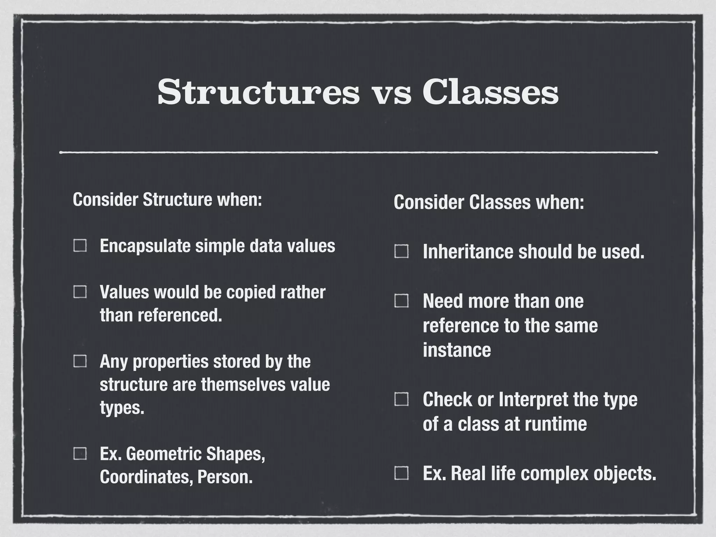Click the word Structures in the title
point(258,92)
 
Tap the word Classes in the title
point(491,92)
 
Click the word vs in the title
point(391,94)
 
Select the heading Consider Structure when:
point(167,200)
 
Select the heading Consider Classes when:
point(489,202)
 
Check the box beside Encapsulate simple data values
point(80,245)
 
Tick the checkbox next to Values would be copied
point(80,292)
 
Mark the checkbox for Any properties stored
point(80,361)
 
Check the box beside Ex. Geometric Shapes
point(80,453)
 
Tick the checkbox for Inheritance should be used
point(401,251)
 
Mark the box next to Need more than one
point(401,301)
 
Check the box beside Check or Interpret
point(401,399)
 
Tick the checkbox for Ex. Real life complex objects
point(401,473)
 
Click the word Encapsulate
point(145,246)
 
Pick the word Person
point(225,477)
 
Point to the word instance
point(457,350)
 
